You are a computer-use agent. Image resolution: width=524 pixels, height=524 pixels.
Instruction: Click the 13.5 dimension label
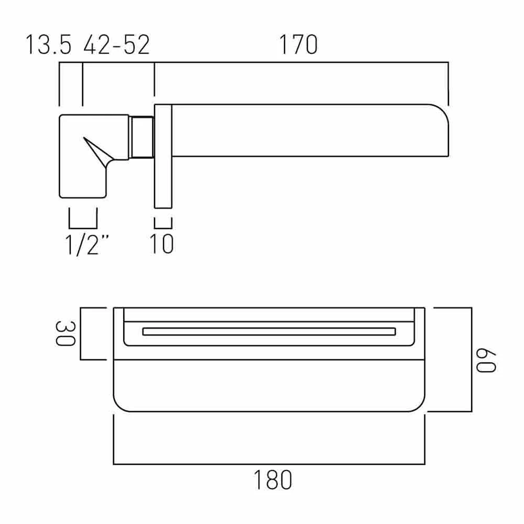coord(48,45)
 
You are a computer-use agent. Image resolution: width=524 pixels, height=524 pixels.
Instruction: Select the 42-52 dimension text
coord(116,45)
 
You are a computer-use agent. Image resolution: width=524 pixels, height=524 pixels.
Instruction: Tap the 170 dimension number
coord(298,45)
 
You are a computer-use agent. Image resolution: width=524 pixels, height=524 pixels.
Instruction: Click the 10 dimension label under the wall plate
coord(162,244)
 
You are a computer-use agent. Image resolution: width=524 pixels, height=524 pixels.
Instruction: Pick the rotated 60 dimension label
coord(485,359)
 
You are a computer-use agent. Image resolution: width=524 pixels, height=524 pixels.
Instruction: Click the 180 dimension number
coord(272,480)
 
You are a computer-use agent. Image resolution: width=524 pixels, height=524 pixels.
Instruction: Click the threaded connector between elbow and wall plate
coord(141,136)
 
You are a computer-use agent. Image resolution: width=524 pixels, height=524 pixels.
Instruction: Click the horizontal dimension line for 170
coord(301,63)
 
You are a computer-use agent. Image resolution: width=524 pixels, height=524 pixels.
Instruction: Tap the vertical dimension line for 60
coord(472,359)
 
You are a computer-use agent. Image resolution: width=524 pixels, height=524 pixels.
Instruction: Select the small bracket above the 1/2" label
coord(83,227)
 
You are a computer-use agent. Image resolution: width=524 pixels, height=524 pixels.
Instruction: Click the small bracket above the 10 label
coord(163,227)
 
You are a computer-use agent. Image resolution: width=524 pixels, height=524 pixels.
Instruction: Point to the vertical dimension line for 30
coord(81,334)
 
